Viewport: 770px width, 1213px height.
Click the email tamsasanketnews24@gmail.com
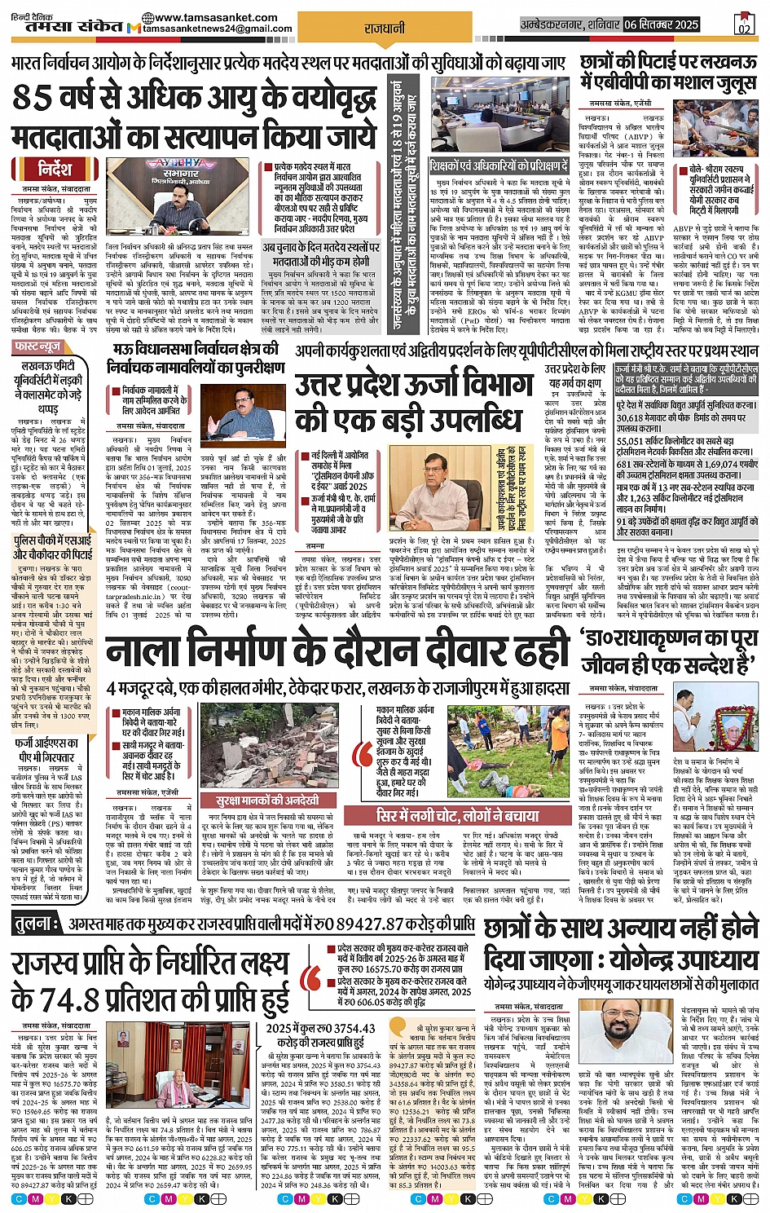pos(218,29)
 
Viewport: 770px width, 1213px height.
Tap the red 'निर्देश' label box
pos(55,169)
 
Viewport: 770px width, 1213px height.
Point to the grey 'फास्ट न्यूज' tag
pos(37,347)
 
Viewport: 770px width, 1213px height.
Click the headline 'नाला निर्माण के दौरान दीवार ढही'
pos(337,652)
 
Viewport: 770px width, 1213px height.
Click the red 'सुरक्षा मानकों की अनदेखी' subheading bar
pos(266,801)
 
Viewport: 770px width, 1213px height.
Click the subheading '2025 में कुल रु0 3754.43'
pos(320,1029)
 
